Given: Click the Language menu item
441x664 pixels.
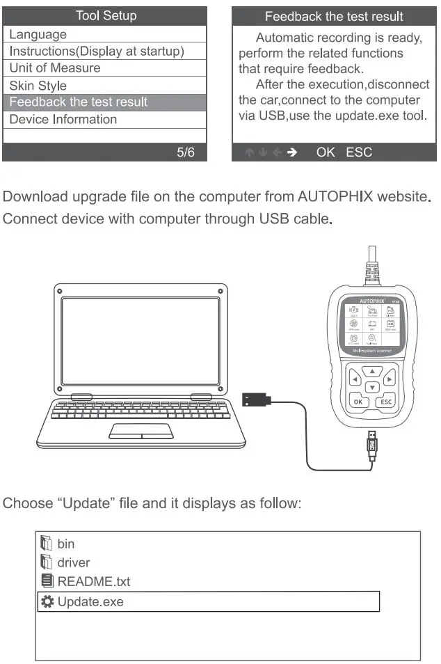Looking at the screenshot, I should (x=38, y=34).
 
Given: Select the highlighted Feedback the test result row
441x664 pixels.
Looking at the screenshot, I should (x=78, y=102).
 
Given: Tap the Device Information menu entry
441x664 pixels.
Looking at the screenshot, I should (x=63, y=119).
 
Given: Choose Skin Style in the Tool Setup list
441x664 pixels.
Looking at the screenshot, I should (x=38, y=86).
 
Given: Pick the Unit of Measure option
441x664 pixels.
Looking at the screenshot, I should (x=54, y=68).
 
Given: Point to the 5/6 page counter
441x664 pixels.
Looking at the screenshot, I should (x=186, y=152).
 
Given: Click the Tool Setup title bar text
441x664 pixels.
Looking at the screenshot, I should (x=105, y=15).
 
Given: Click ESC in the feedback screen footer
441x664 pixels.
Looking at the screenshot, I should (x=359, y=152).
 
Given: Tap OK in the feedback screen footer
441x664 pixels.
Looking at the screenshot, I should (x=326, y=152).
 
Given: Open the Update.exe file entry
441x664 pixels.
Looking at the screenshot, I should (x=90, y=601).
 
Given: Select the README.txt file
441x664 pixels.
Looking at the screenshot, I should (x=93, y=581).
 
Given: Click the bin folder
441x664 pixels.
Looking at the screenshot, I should (x=65, y=544).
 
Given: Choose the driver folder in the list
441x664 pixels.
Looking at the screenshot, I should (x=73, y=562).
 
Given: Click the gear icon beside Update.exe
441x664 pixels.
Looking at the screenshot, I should (x=47, y=601).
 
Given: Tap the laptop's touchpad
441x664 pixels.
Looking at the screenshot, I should (x=142, y=431).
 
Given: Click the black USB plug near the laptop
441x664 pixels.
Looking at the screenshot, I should (x=255, y=400).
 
